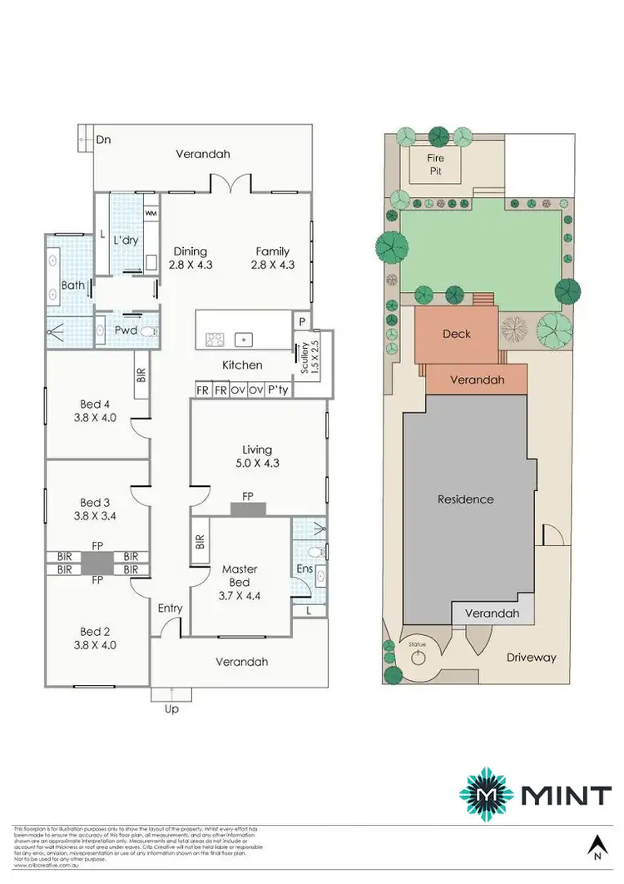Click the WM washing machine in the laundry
[151, 214]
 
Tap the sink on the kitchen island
[243, 339]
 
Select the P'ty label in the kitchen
[277, 390]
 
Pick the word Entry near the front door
[170, 608]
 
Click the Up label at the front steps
[172, 709]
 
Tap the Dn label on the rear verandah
[103, 140]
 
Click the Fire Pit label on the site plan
[436, 164]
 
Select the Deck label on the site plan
[456, 334]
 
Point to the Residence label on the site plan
[466, 499]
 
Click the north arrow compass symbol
[597, 847]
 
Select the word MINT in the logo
[566, 795]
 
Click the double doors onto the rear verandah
[229, 182]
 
